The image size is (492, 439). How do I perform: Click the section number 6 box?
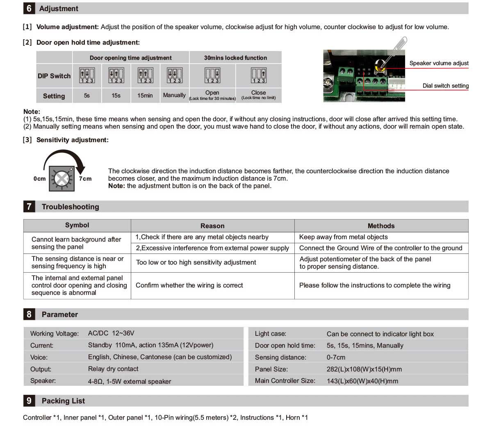pyautogui.click(x=29, y=9)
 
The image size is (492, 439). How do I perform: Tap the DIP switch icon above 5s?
pyautogui.click(x=87, y=75)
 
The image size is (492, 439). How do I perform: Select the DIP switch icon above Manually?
pyautogui.click(x=174, y=75)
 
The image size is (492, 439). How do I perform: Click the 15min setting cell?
pyautogui.click(x=145, y=95)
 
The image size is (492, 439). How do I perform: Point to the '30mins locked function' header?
pyautogui.click(x=235, y=58)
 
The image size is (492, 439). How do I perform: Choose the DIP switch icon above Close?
pyautogui.click(x=258, y=75)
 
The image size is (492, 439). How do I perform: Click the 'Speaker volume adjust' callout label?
pyautogui.click(x=439, y=63)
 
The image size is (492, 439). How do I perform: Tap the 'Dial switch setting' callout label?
pyautogui.click(x=445, y=86)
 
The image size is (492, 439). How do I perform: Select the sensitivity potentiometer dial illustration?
pyautogui.click(x=61, y=179)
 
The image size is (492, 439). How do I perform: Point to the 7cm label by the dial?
pyautogui.click(x=85, y=179)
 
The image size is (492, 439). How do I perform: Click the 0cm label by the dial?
pyautogui.click(x=40, y=179)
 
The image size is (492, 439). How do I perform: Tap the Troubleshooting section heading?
pyautogui.click(x=71, y=207)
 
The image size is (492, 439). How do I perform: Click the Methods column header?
pyautogui.click(x=381, y=226)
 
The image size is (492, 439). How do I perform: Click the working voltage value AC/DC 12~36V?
pyautogui.click(x=111, y=333)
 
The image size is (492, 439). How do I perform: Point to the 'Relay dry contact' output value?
pyautogui.click(x=113, y=369)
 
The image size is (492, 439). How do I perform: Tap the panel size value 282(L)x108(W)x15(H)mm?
pyautogui.click(x=364, y=369)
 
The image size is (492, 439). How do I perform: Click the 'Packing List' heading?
pyautogui.click(x=63, y=401)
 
